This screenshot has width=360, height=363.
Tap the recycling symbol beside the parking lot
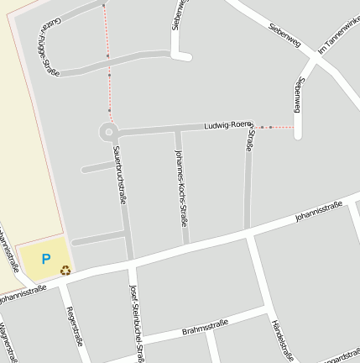65,270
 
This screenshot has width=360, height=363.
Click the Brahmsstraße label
205,328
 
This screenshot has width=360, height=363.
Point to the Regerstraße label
74,326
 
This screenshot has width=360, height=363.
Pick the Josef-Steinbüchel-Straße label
137,324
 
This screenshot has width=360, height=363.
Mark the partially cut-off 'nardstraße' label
341,354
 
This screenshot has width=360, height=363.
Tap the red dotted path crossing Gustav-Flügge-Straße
107,55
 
